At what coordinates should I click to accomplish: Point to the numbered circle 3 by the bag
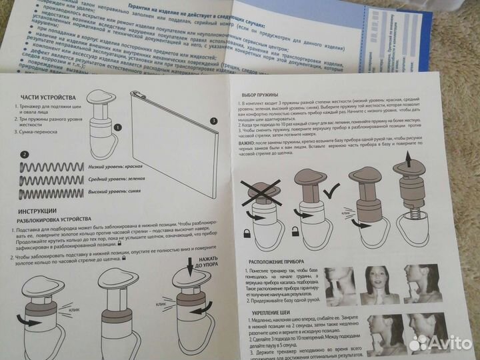(213, 121)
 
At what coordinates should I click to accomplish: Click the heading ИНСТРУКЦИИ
(36, 211)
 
